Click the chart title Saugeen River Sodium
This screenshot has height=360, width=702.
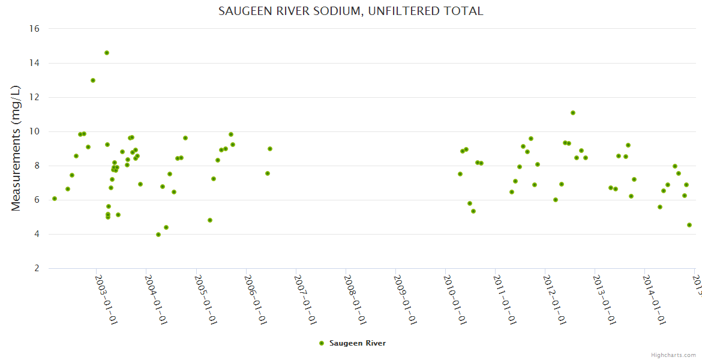pyautogui.click(x=350, y=11)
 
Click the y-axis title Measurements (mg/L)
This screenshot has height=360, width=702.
pyautogui.click(x=16, y=148)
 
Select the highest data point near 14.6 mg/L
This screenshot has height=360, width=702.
pyautogui.click(x=107, y=53)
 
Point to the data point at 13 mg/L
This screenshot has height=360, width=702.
pyautogui.click(x=93, y=80)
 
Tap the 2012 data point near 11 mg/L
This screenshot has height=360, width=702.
pyautogui.click(x=573, y=113)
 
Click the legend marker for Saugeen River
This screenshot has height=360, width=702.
pyautogui.click(x=322, y=343)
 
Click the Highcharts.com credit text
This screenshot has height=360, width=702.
pyautogui.click(x=674, y=355)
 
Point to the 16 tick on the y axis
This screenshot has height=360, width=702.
pyautogui.click(x=34, y=29)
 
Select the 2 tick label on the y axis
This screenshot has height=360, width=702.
pyautogui.click(x=37, y=268)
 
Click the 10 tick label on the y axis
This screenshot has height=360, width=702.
pyautogui.click(x=34, y=131)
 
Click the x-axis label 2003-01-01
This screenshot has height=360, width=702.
pyautogui.click(x=107, y=299)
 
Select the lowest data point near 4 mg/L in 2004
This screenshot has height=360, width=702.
pyautogui.click(x=158, y=235)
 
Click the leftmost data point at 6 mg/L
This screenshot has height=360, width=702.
pyautogui.click(x=55, y=199)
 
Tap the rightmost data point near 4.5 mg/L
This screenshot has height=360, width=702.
pyautogui.click(x=689, y=225)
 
